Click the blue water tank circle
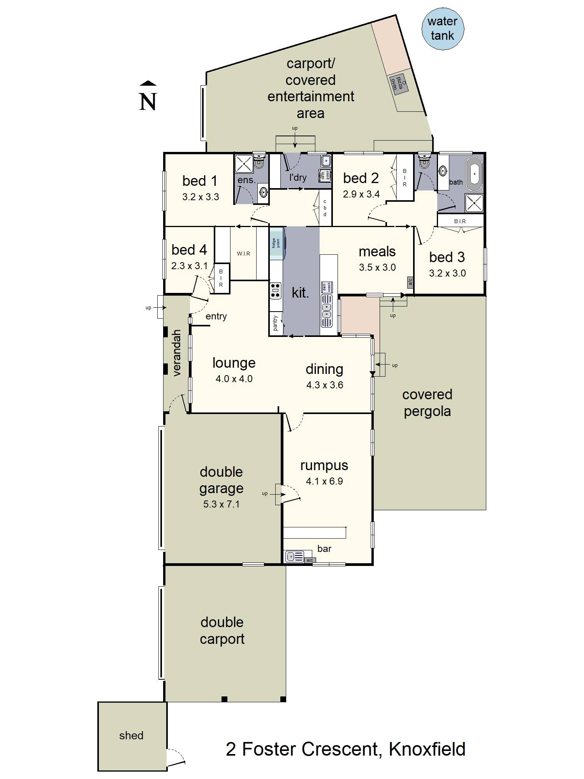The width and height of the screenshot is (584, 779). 443,29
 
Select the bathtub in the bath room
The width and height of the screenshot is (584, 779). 475,174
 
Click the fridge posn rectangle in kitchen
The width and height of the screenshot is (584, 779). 276,243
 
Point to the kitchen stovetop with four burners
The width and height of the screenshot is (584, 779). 275,291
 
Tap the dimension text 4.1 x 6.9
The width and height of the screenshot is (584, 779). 324,481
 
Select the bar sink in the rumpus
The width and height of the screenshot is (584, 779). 295,557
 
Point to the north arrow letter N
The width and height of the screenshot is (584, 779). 148,102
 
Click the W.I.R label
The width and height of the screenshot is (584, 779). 243,254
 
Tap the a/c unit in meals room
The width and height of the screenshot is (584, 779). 410,282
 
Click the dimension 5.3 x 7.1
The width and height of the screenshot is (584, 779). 221,504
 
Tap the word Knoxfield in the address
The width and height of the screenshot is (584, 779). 427,749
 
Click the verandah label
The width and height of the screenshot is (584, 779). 177,353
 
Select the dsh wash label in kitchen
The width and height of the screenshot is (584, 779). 327,287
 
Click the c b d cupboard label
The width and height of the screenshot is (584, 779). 325,208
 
